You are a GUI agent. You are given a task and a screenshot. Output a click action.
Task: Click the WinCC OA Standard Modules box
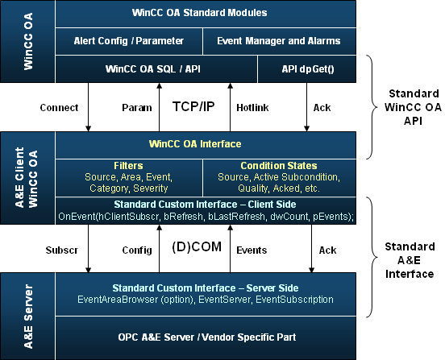pyautogui.click(x=206, y=14)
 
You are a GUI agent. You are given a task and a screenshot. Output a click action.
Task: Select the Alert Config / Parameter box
pyautogui.click(x=129, y=41)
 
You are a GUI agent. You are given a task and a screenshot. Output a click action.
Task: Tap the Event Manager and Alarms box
pyautogui.click(x=280, y=41)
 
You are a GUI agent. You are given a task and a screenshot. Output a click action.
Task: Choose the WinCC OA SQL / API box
pyautogui.click(x=156, y=69)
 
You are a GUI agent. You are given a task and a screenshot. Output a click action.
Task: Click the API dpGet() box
pyautogui.click(x=307, y=69)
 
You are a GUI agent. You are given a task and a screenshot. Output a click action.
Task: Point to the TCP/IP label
pyautogui.click(x=193, y=106)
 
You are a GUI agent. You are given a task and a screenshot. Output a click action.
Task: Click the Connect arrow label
pyautogui.click(x=59, y=108)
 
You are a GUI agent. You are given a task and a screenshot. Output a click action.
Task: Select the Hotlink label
pyautogui.click(x=252, y=108)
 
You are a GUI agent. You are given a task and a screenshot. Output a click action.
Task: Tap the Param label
pyautogui.click(x=137, y=108)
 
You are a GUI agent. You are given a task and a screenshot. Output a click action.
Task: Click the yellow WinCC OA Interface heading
pyautogui.click(x=195, y=144)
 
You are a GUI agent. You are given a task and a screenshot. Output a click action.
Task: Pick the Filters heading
pyautogui.click(x=128, y=166)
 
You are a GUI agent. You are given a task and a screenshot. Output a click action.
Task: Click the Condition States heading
pyautogui.click(x=279, y=166)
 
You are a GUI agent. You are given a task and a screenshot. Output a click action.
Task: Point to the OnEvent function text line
pyautogui.click(x=206, y=217)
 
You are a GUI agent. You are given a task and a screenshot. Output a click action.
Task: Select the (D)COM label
pyautogui.click(x=197, y=246)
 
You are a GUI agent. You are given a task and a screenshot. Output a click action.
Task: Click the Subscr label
pyautogui.click(x=62, y=250)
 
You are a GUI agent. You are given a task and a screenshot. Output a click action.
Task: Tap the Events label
pyautogui.click(x=252, y=250)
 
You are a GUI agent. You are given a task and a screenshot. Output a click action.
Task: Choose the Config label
pyautogui.click(x=137, y=250)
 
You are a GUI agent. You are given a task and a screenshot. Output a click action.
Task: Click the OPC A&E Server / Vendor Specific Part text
pyautogui.click(x=207, y=337)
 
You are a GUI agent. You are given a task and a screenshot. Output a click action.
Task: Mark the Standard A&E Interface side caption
pyautogui.click(x=410, y=260)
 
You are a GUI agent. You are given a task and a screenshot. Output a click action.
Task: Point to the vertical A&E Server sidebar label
pyautogui.click(x=28, y=317)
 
